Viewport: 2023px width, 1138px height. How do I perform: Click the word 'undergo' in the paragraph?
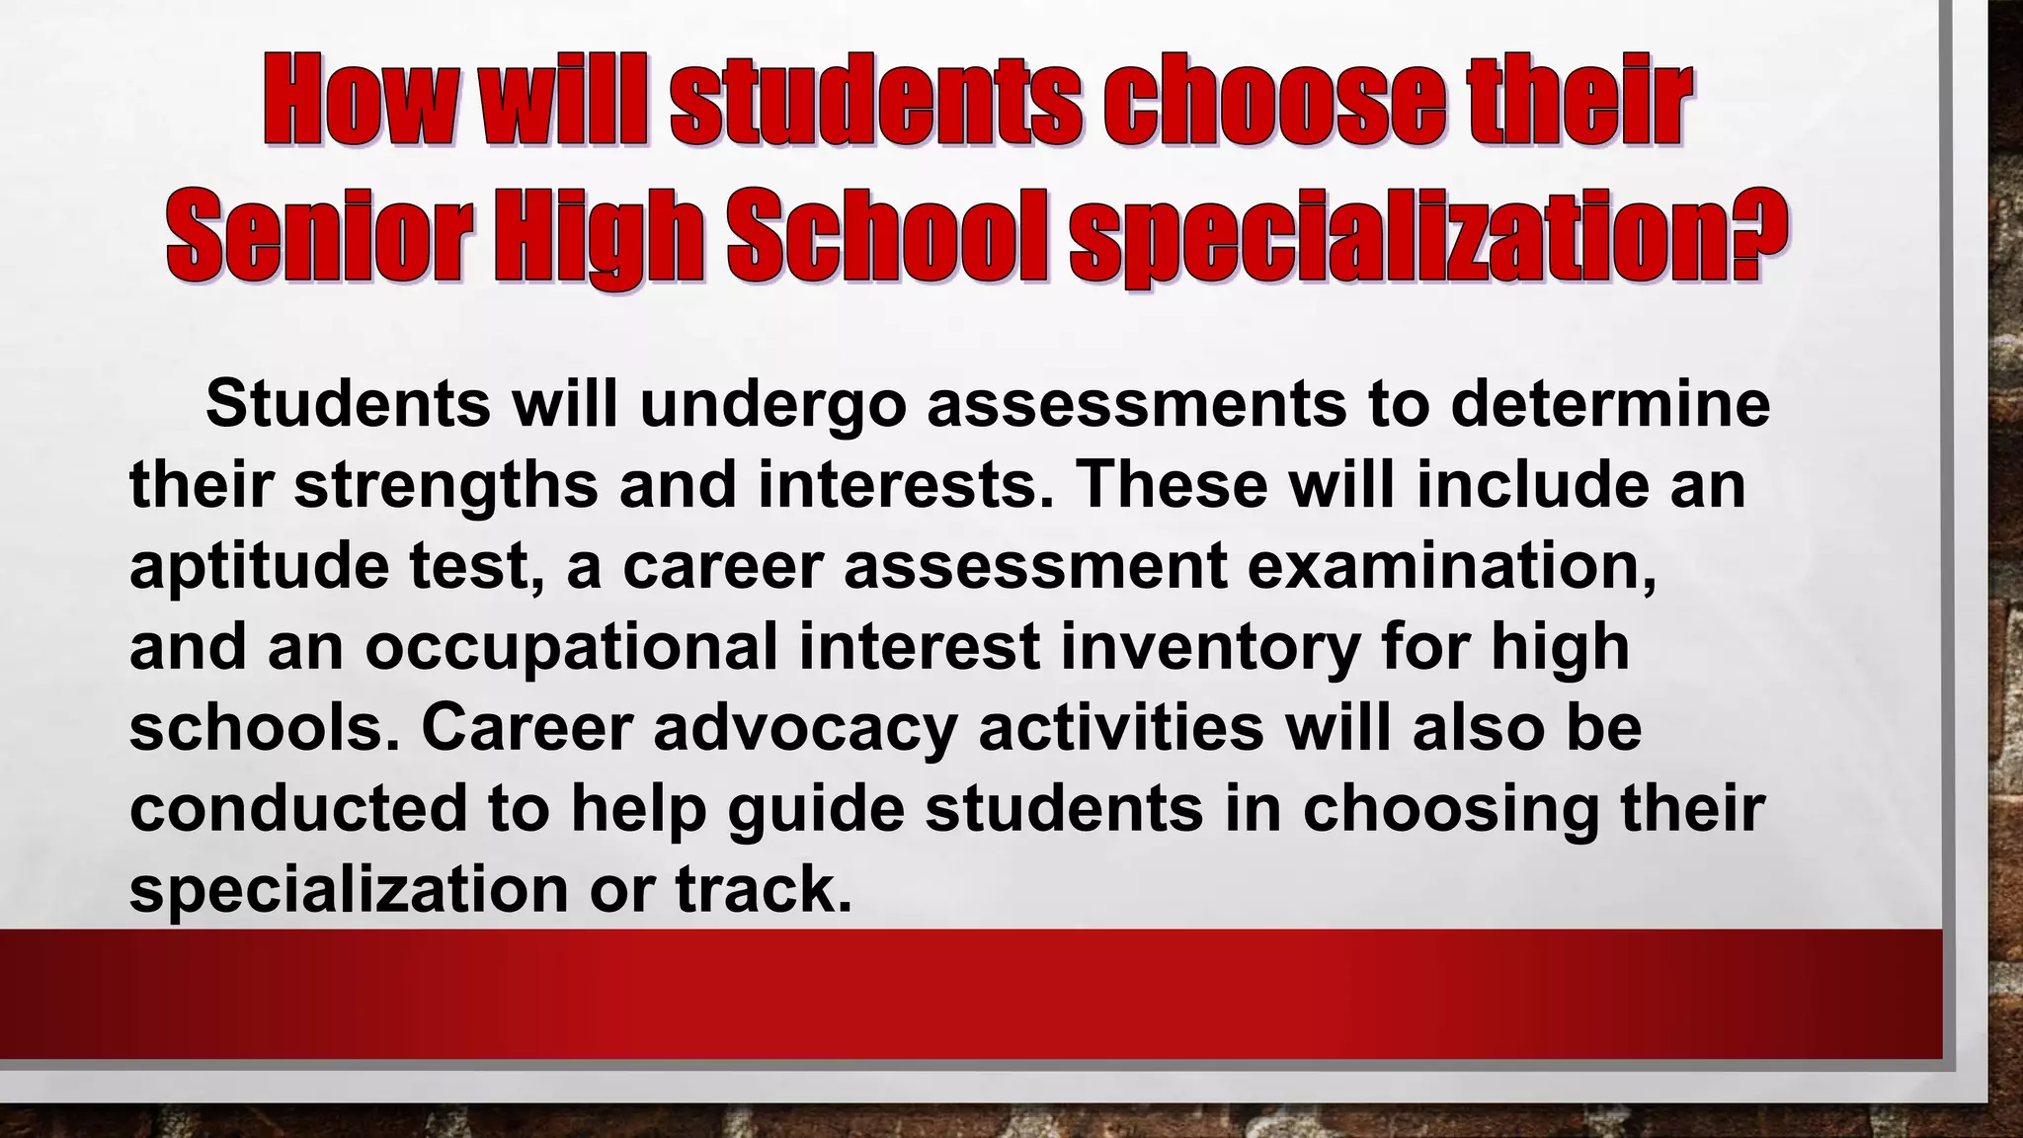click(x=772, y=404)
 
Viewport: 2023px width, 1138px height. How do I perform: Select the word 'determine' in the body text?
click(x=1609, y=404)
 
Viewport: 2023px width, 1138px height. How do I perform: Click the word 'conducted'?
click(x=297, y=807)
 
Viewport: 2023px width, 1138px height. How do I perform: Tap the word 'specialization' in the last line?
click(x=348, y=890)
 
